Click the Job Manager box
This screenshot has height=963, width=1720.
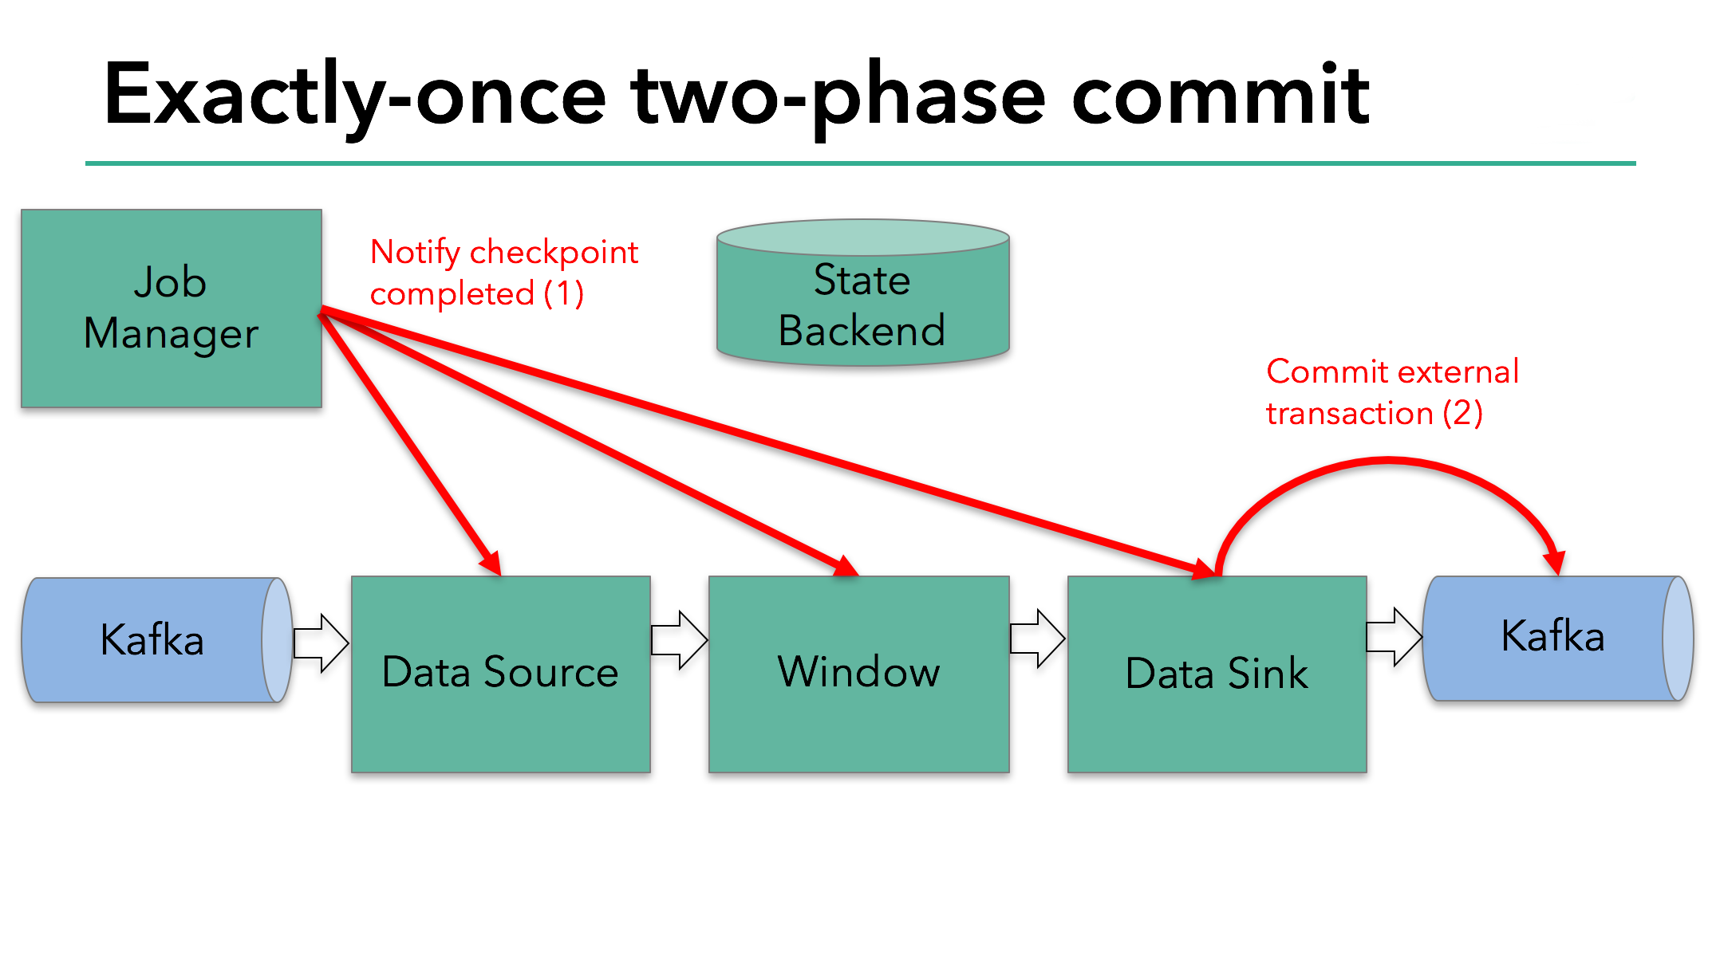click(x=171, y=309)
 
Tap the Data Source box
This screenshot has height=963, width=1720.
click(x=500, y=674)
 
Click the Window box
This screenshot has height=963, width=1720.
click(x=858, y=674)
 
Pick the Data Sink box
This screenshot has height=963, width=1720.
click(x=1217, y=674)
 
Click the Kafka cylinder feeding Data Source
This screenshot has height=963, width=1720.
click(x=152, y=640)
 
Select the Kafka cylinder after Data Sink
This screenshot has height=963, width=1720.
click(x=1552, y=638)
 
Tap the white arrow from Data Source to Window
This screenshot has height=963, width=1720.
click(x=679, y=639)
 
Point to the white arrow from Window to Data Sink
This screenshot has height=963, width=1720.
click(x=1037, y=638)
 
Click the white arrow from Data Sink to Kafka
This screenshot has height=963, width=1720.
click(x=1394, y=636)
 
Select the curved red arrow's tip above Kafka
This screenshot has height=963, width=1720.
click(x=1554, y=563)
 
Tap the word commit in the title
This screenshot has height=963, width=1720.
click(x=1221, y=96)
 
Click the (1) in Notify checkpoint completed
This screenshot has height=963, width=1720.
click(x=564, y=293)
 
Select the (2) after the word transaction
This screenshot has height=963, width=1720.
click(x=1462, y=413)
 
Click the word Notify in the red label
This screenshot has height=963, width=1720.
click(x=415, y=254)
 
